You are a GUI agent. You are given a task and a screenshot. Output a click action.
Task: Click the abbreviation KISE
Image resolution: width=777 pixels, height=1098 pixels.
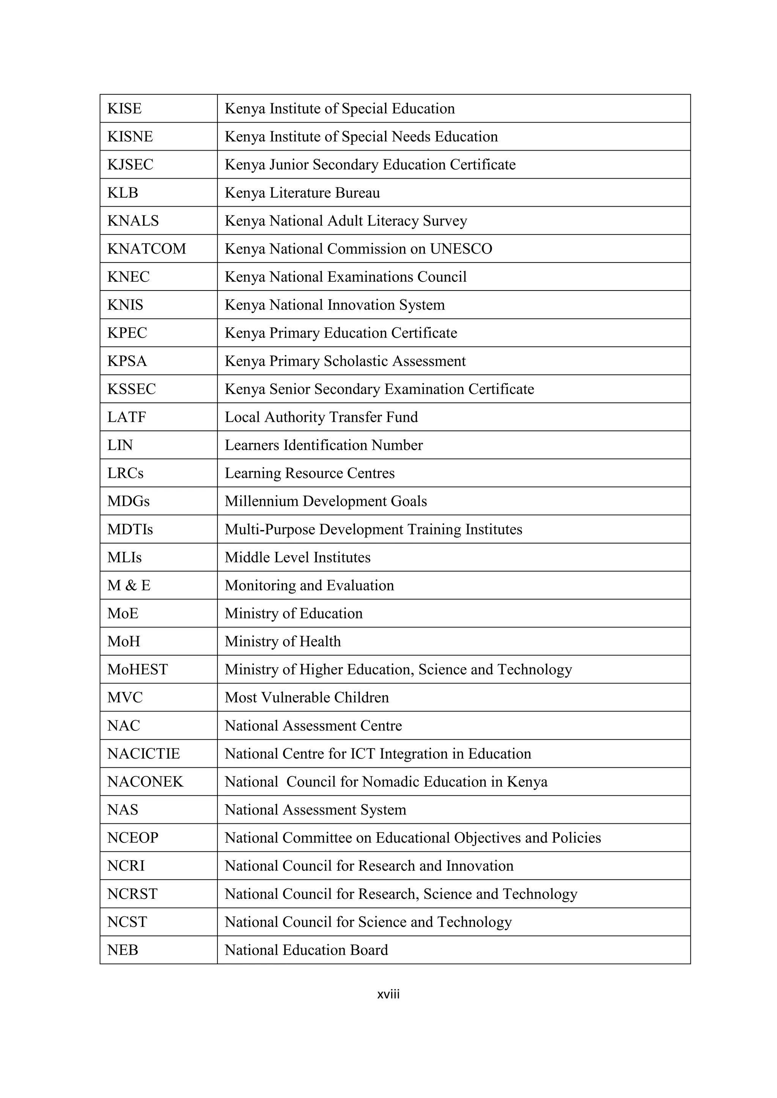click(x=124, y=109)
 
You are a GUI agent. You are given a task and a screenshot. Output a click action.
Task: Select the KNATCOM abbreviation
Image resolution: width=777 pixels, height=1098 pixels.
click(x=146, y=249)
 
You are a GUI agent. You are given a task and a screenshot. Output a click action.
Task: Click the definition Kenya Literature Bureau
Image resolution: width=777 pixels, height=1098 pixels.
click(x=302, y=193)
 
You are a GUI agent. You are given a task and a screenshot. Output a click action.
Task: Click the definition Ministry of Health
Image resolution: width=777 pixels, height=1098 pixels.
click(x=283, y=642)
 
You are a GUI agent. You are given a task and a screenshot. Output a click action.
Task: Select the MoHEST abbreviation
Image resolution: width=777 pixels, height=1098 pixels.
click(x=137, y=669)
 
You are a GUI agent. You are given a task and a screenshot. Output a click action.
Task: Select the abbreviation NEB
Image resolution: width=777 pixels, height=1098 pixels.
click(x=123, y=950)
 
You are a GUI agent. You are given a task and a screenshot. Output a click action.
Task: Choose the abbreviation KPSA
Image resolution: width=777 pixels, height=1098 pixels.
click(x=127, y=361)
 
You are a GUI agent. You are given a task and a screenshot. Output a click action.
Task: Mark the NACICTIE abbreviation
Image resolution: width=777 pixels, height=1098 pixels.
click(x=143, y=754)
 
